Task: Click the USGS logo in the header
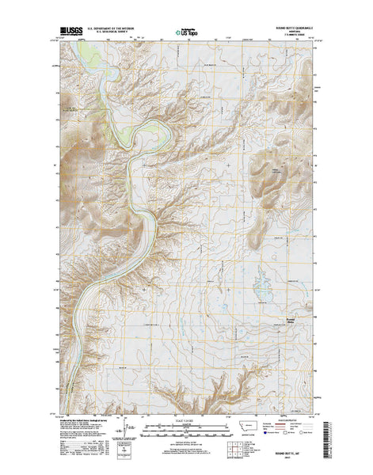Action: pyautogui.click(x=70, y=34)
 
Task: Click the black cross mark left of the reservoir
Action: pyautogui.click(x=228, y=164)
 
